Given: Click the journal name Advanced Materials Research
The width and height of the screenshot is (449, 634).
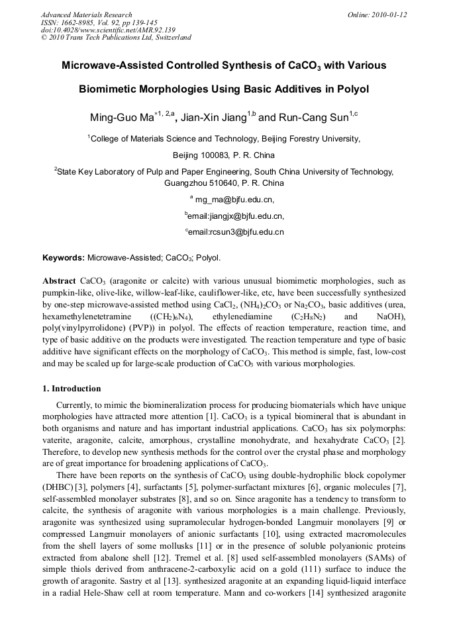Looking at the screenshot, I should pos(86,15).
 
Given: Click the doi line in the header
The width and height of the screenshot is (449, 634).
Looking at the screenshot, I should pos(99,30).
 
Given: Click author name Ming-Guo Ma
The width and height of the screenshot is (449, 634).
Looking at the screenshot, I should pos(121,118).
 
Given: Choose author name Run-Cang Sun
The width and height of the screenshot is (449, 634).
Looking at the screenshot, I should pos(311,118).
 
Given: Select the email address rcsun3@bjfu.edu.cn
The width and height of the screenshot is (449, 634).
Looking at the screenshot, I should pos(236,232).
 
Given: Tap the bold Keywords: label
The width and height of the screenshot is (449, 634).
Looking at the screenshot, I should pos(64,257).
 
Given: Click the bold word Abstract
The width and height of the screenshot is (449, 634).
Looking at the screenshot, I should pos(59,281).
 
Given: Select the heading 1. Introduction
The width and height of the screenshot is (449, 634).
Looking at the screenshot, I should pos(72,389).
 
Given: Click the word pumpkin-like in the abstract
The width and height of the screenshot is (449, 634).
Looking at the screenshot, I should pos(68,293).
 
